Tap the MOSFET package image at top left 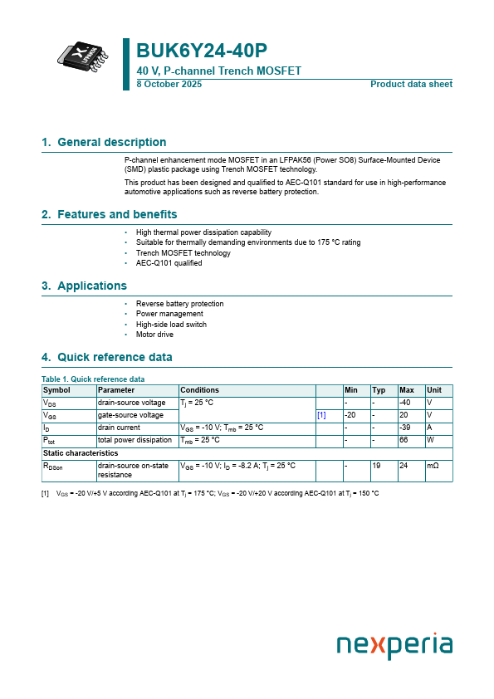coord(82,56)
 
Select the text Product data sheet coord(411,85)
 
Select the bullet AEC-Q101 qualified coord(169,263)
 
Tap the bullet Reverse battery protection coord(179,304)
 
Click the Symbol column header coord(56,390)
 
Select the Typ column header coord(379,390)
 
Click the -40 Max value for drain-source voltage coord(406,403)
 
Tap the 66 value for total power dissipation coord(404,440)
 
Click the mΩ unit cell coord(433,467)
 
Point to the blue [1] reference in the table coord(321,415)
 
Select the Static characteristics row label coord(81,453)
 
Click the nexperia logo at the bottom coord(394,646)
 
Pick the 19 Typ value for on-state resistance coord(376,467)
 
